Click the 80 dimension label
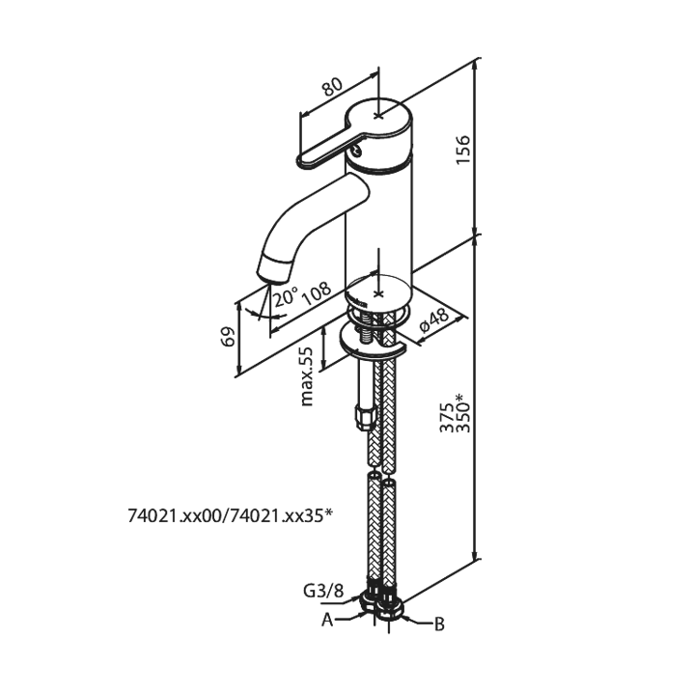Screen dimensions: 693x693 coord(332,87)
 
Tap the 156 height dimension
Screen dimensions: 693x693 coord(463,151)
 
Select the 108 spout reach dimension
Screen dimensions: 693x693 coord(317,293)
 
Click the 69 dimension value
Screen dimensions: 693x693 coord(227,337)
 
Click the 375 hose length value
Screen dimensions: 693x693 coord(447,417)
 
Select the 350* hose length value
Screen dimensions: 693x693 coord(463,413)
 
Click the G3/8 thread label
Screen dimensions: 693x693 coord(323,591)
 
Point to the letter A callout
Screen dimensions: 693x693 coord(327,620)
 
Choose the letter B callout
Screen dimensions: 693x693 coord(439,624)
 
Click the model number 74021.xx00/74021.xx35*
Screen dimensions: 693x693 coord(230,515)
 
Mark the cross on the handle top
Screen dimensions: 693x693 coord(378,116)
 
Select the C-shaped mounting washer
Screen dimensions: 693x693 coord(373,342)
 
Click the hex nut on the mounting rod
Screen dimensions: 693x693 coord(366,418)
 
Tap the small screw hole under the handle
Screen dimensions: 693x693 coord(356,152)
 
